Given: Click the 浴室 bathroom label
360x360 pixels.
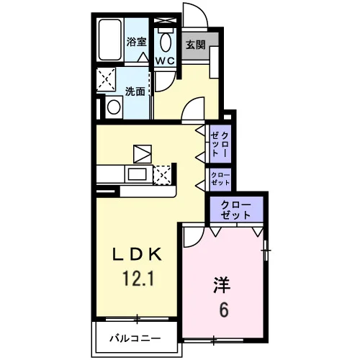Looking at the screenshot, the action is click(x=136, y=42).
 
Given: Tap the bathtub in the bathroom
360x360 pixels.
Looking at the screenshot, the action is click(x=110, y=40).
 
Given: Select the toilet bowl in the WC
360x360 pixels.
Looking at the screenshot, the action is click(x=166, y=40).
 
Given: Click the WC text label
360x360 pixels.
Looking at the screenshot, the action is click(x=165, y=61).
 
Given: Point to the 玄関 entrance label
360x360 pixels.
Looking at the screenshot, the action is click(x=196, y=45).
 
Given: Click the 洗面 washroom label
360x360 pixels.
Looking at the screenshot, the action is click(x=135, y=91).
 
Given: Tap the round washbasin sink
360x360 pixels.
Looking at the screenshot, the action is click(x=114, y=107).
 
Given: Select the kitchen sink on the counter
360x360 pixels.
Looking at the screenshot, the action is click(x=137, y=174).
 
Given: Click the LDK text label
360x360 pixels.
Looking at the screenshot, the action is click(x=138, y=255).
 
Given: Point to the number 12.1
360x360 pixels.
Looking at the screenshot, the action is click(x=138, y=278).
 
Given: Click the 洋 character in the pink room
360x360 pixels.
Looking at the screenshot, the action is click(x=222, y=285).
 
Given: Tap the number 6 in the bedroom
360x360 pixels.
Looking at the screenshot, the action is click(x=223, y=310).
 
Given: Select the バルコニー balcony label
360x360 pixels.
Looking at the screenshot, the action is click(x=135, y=338).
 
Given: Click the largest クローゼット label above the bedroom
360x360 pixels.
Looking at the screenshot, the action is click(x=235, y=210).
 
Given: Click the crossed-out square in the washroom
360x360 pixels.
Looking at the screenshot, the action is click(x=106, y=79).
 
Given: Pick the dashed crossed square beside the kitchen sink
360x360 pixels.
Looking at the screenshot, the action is click(x=162, y=175).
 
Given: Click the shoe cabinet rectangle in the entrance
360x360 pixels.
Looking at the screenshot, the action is click(x=215, y=62).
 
